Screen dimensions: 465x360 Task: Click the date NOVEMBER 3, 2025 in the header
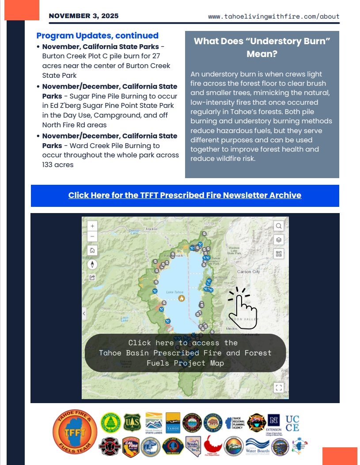[83, 16]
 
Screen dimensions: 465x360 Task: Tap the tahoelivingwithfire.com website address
[273, 17]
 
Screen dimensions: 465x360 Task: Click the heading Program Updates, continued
[97, 36]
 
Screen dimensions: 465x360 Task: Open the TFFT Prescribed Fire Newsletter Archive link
[185, 195]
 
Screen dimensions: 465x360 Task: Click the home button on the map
[92, 251]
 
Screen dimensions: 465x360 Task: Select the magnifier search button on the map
[279, 226]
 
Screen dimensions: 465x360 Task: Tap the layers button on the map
[279, 240]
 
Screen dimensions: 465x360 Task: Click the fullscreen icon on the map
[279, 388]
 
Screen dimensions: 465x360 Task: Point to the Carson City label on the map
[248, 272]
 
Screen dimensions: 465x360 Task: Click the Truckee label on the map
[152, 229]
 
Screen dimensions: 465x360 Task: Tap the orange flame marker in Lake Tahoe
[181, 298]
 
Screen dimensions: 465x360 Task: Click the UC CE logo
[292, 423]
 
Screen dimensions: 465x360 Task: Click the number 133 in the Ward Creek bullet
[49, 165]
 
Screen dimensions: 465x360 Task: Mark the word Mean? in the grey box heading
[262, 54]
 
